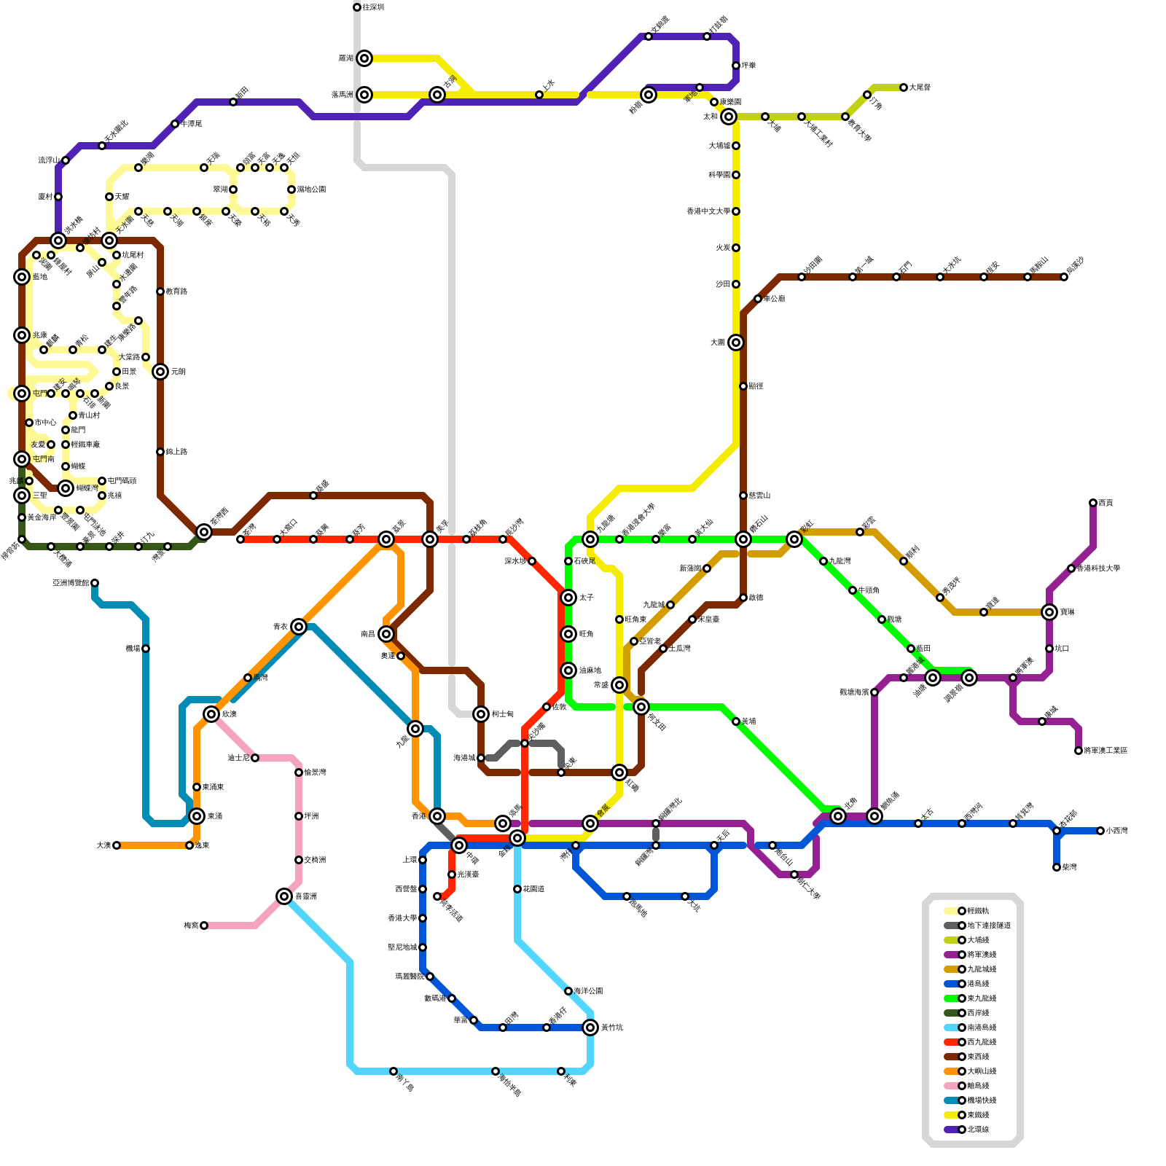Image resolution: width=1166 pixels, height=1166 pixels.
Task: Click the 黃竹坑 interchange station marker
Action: point(590,1028)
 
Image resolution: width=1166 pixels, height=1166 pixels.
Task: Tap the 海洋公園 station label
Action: point(588,991)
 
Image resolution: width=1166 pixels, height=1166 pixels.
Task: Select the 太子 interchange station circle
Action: point(568,598)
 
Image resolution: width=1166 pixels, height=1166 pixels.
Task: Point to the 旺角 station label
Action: point(586,634)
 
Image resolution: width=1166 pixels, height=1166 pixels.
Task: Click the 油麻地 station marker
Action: point(568,670)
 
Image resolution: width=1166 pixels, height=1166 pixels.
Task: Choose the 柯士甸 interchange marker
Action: point(481,714)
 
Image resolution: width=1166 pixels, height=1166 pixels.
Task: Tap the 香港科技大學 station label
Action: point(1098,568)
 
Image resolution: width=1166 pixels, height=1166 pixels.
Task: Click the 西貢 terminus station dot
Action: point(1093,503)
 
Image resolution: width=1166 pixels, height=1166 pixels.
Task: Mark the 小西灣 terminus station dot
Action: point(1100,831)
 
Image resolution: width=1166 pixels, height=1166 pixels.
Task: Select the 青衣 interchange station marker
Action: point(299,627)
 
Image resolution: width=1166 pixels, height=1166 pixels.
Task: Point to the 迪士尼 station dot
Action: point(255,758)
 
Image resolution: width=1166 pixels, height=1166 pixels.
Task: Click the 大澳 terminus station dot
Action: point(117,845)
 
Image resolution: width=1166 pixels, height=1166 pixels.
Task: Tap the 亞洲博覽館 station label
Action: point(71,583)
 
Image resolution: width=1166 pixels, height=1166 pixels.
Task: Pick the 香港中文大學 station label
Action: point(708,211)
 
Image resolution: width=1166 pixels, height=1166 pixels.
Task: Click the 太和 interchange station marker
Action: point(729,117)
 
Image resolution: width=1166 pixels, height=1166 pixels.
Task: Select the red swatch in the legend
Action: point(951,1042)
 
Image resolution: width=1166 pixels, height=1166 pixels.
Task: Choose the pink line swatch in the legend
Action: point(951,1086)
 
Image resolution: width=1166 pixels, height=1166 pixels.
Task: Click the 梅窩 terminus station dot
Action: point(204,926)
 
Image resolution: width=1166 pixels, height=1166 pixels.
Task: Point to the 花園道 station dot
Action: point(517,889)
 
